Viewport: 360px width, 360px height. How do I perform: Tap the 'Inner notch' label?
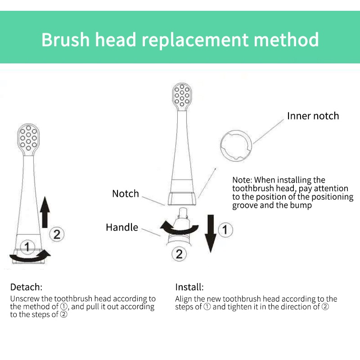pos(313,116)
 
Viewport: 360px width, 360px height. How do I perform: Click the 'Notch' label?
pos(126,193)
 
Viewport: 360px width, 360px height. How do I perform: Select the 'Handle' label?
pos(122,227)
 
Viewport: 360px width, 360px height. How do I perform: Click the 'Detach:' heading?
pos(26,287)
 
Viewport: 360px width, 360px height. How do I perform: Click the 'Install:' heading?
pos(189,287)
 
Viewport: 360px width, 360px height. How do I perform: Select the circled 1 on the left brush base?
pos(28,246)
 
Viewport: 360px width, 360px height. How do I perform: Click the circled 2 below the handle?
pos(179,254)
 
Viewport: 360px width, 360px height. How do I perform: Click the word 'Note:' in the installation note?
pos(242,180)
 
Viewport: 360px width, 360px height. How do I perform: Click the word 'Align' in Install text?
pos(184,299)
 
